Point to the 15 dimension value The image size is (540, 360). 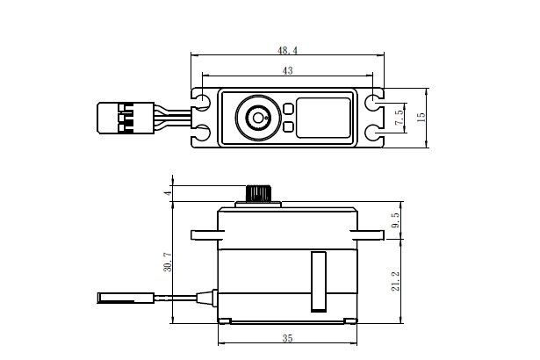click(421, 117)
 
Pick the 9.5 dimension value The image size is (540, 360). click(397, 220)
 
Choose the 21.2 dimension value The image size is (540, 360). click(397, 281)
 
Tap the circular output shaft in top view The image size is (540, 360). click(258, 117)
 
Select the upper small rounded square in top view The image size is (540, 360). click(288, 108)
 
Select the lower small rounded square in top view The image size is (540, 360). click(288, 126)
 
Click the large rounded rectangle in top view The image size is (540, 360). click(323, 117)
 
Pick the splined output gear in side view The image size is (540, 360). click(257, 193)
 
